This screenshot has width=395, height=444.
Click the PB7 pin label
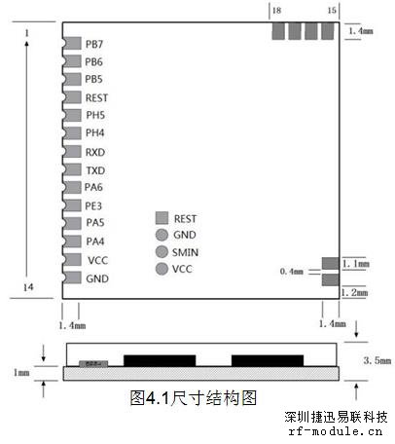click(x=94, y=44)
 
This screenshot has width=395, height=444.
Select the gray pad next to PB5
click(x=72, y=79)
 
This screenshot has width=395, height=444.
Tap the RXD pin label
click(x=95, y=152)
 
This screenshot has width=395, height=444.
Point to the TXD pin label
click(x=95, y=170)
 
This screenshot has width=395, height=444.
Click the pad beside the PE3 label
click(x=72, y=205)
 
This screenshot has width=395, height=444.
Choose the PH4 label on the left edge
click(x=94, y=132)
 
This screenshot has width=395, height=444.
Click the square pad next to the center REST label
click(x=162, y=218)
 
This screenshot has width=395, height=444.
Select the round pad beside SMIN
click(x=162, y=252)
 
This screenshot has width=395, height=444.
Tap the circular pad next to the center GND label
click(x=162, y=235)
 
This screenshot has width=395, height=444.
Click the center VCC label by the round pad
click(x=182, y=269)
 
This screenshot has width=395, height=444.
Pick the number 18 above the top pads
click(x=276, y=11)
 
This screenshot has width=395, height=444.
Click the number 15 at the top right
click(x=332, y=11)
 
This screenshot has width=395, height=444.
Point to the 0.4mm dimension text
click(x=292, y=272)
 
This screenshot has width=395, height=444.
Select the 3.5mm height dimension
click(x=377, y=360)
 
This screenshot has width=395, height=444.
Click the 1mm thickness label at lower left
click(x=21, y=373)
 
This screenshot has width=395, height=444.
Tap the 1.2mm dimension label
click(x=355, y=293)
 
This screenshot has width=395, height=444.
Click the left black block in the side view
click(x=160, y=360)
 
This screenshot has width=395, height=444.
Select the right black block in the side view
click(x=268, y=360)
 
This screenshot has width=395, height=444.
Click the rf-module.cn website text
click(x=336, y=431)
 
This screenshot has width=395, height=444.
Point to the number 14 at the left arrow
click(x=28, y=287)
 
